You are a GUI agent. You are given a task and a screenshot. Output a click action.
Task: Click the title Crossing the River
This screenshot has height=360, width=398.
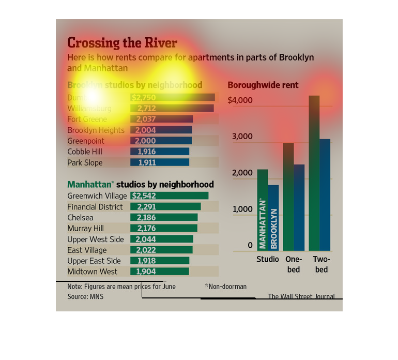[122, 43]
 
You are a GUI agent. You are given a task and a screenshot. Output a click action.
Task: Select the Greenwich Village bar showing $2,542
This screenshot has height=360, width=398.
[169, 196]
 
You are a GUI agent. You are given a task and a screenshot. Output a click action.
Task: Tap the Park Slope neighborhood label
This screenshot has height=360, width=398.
[85, 163]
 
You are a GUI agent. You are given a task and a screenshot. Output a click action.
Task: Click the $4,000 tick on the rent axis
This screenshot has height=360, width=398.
[240, 100]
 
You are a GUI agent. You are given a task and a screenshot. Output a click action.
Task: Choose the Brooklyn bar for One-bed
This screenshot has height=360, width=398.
[299, 207]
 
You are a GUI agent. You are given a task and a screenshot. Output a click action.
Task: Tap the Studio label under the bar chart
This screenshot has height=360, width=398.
[267, 259]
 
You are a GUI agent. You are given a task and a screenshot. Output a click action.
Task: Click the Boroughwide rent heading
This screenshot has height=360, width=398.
[263, 85]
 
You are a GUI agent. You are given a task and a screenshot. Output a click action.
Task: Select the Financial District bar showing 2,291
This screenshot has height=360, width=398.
[165, 207]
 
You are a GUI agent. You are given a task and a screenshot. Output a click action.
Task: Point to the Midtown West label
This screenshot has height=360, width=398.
[92, 272]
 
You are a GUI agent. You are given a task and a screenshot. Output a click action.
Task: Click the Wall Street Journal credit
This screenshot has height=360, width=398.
[301, 296]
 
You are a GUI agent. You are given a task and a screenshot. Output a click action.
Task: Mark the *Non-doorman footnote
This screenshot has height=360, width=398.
[225, 287]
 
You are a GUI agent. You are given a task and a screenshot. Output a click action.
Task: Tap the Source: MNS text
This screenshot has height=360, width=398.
[85, 297]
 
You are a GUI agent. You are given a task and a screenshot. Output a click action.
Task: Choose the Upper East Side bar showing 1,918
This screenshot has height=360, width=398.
[160, 261]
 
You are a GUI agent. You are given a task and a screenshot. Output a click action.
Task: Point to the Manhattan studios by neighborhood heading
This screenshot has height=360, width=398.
[141, 184]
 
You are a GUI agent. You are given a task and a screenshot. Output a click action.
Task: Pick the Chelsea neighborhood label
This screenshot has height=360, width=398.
[80, 218]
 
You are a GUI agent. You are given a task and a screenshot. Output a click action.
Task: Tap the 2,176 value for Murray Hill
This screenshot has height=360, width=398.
[146, 229]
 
